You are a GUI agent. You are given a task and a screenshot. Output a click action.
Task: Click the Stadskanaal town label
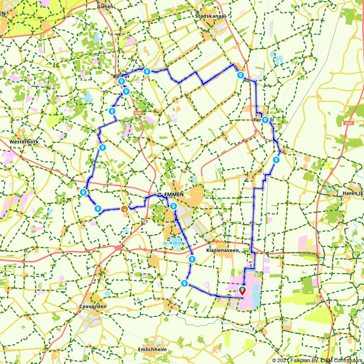(x=210, y=16)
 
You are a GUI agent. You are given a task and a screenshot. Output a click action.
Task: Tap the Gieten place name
(x=105, y=7)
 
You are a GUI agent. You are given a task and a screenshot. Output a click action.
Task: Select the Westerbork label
(x=24, y=142)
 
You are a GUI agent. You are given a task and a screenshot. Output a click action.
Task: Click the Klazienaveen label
(x=222, y=251)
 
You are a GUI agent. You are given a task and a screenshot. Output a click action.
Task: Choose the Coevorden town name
(x=93, y=306)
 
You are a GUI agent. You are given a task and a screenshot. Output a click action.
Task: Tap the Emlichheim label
(x=152, y=349)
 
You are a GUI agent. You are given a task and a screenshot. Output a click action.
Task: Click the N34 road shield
(x=137, y=113)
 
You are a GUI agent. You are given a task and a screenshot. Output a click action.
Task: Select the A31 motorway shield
(x=348, y=123)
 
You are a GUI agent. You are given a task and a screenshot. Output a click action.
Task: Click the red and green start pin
(x=242, y=290)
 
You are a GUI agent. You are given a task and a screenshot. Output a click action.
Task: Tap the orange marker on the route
(x=124, y=209)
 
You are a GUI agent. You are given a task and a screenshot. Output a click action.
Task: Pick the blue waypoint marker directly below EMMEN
(x=174, y=206)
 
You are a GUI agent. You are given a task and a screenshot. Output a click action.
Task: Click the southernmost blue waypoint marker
(x=185, y=283)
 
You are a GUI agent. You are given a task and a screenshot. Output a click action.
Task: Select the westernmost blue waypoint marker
(x=83, y=192)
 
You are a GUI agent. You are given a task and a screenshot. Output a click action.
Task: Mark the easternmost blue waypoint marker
(x=276, y=160)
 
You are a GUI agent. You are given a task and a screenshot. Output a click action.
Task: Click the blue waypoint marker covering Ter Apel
(x=265, y=120)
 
